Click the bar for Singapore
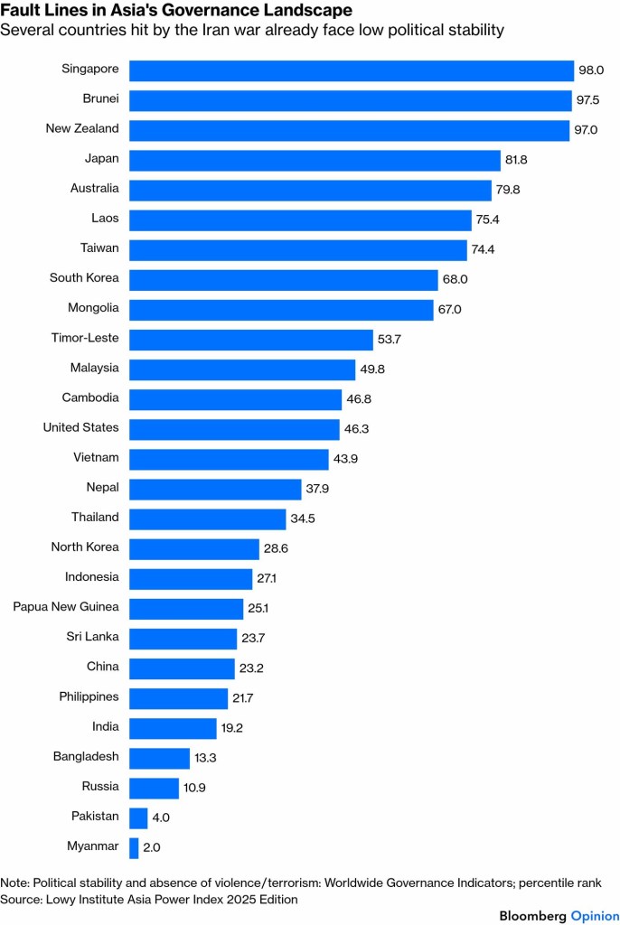click(x=352, y=70)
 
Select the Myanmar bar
click(x=134, y=847)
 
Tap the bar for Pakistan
click(x=138, y=818)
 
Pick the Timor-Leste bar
click(x=251, y=340)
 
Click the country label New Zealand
click(x=82, y=129)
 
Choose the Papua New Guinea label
click(x=66, y=607)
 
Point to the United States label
click(x=81, y=428)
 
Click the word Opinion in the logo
click(x=595, y=916)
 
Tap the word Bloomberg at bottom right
click(x=533, y=916)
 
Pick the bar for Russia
click(x=154, y=788)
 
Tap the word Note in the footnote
click(x=15, y=883)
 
